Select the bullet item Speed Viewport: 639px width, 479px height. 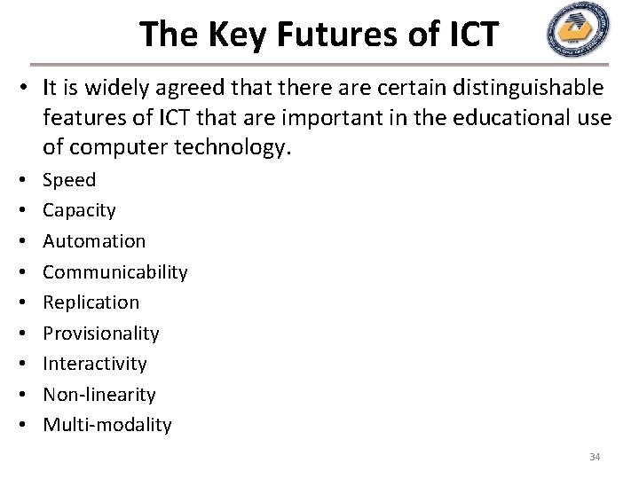click(x=69, y=180)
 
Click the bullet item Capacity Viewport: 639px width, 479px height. click(x=79, y=210)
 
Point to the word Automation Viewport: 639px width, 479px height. click(x=94, y=241)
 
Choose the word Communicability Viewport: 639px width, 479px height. click(x=115, y=271)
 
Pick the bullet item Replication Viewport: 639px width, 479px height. click(x=91, y=302)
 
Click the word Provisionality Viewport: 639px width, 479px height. click(x=101, y=334)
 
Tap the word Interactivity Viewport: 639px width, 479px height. click(x=95, y=364)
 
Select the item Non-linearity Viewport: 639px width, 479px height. click(x=99, y=395)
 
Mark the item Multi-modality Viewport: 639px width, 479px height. click(x=107, y=425)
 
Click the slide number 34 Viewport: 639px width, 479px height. click(x=595, y=457)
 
